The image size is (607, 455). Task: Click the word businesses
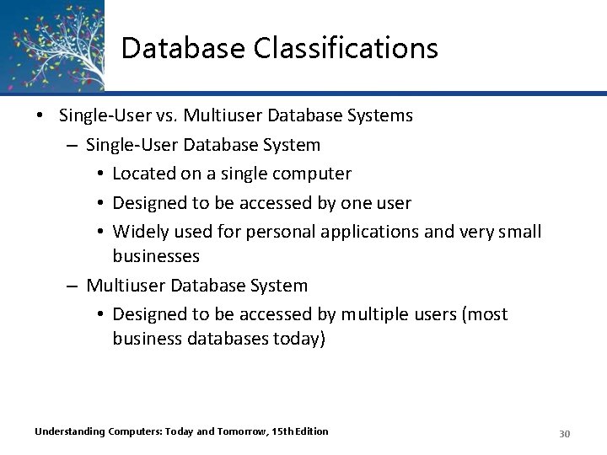coord(156,255)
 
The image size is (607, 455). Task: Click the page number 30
coord(565,433)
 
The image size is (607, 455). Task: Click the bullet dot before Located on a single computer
coord(100,174)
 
